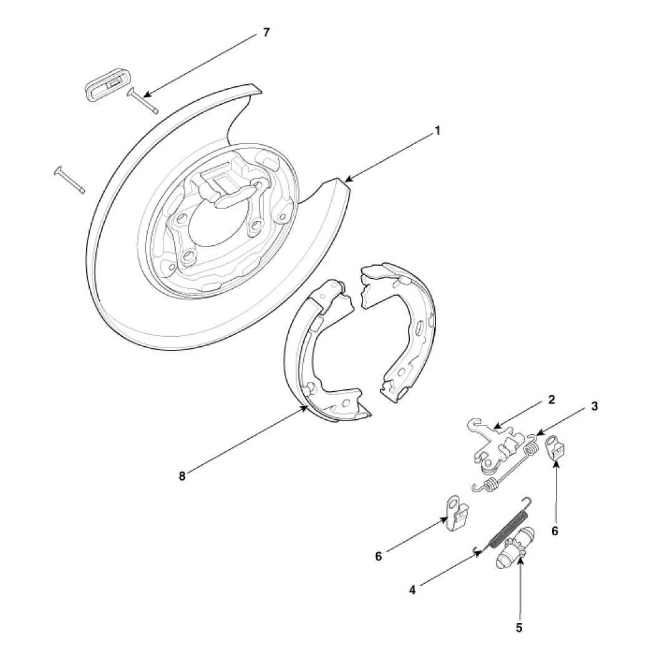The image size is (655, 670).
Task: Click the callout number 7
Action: pos(266,32)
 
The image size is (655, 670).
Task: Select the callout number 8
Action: pos(182,476)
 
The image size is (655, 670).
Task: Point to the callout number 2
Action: pos(551,400)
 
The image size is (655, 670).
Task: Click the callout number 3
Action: pos(594,406)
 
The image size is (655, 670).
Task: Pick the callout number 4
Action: pos(412,588)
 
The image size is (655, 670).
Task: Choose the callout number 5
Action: pos(519,628)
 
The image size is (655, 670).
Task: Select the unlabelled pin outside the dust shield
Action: pos(69,180)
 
